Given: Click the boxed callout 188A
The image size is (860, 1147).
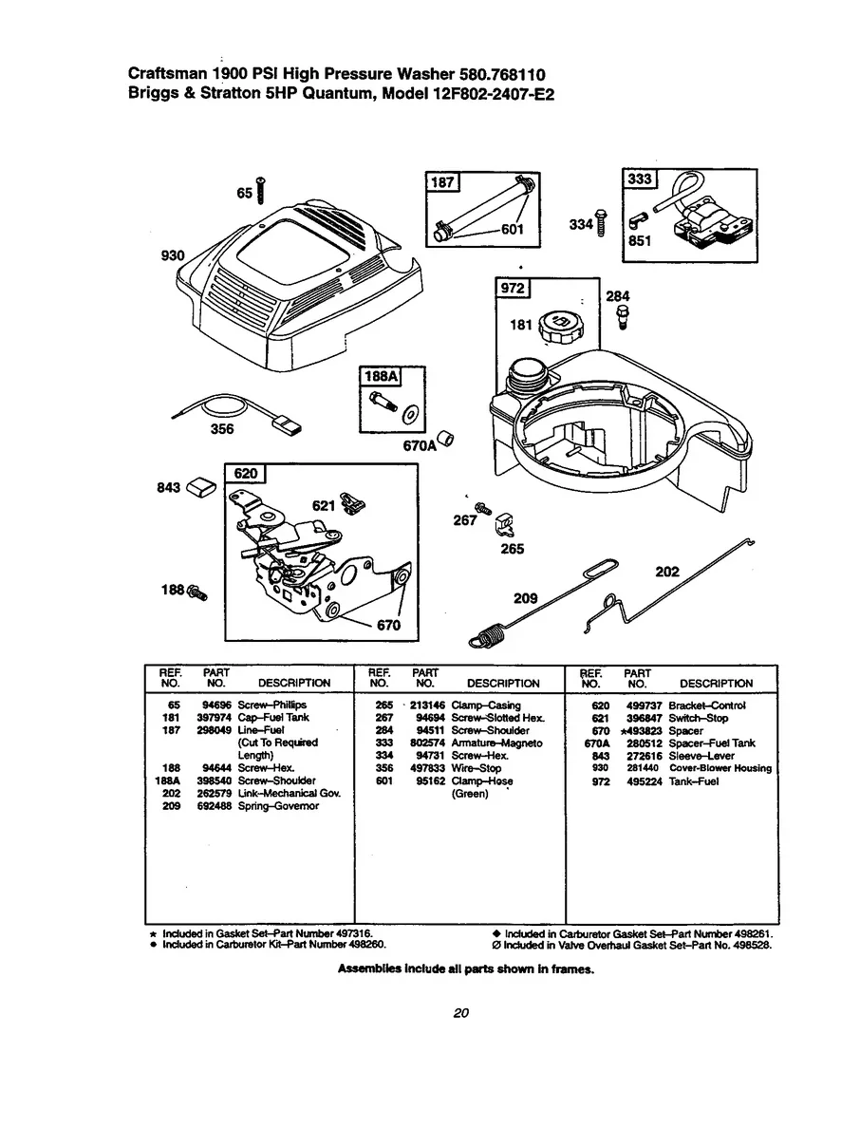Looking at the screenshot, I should click(380, 377).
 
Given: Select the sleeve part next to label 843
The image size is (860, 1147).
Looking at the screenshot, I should click(202, 487).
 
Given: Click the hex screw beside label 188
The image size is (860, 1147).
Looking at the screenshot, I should click(199, 592).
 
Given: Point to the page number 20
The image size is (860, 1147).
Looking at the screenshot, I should click(461, 1013).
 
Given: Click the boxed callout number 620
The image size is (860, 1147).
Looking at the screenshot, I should click(246, 474).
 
